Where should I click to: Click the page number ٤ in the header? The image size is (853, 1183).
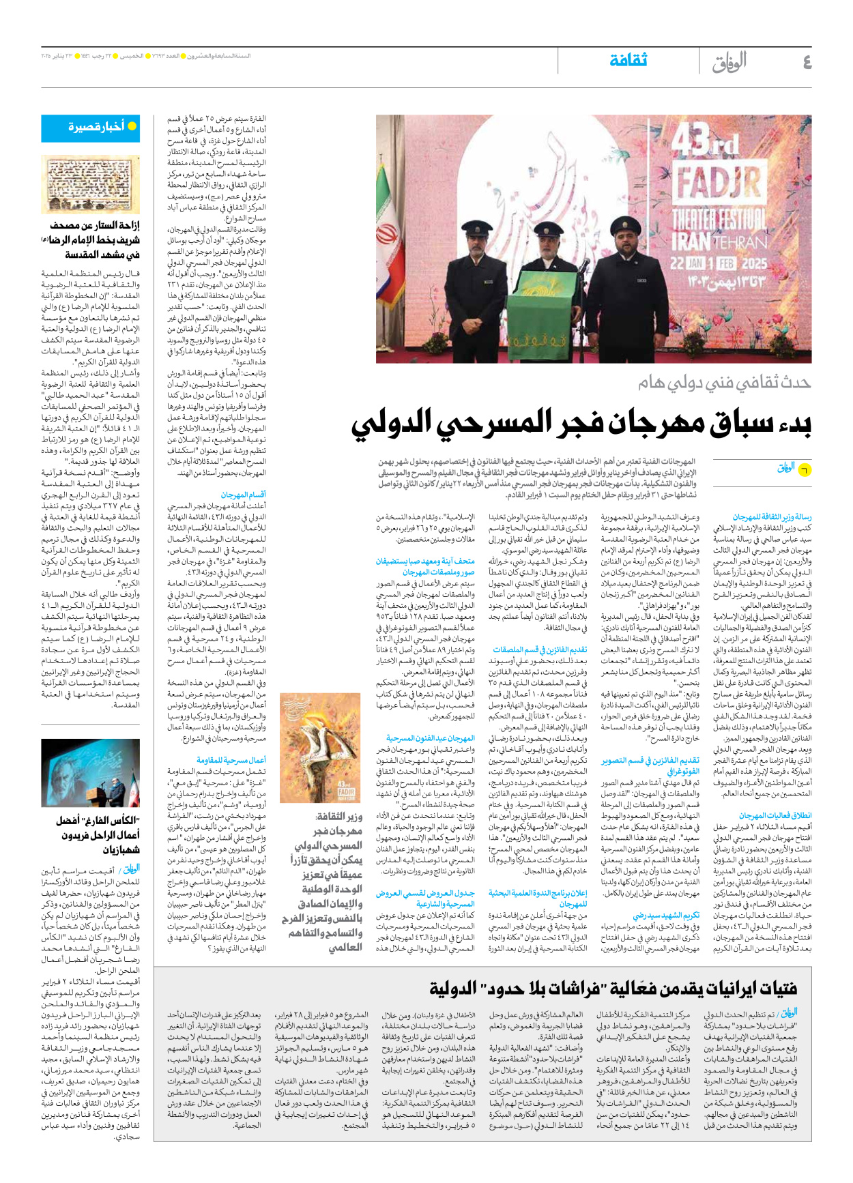(x=807, y=63)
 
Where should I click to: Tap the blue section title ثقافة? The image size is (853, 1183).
(x=628, y=61)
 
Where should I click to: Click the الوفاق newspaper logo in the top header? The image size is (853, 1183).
(x=729, y=63)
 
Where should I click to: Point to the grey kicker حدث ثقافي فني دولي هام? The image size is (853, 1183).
(x=725, y=383)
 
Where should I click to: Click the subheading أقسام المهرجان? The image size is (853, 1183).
(x=243, y=495)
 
